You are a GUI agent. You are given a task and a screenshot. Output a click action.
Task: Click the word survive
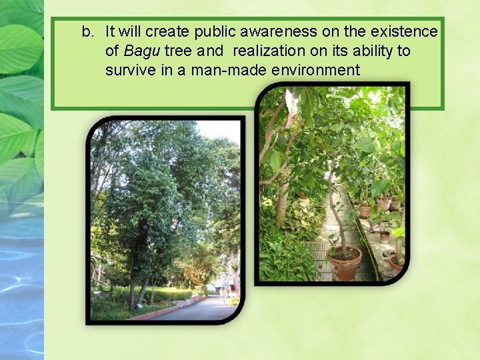coord(128,70)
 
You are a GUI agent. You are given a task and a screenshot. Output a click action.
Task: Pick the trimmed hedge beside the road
coord(167,294)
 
